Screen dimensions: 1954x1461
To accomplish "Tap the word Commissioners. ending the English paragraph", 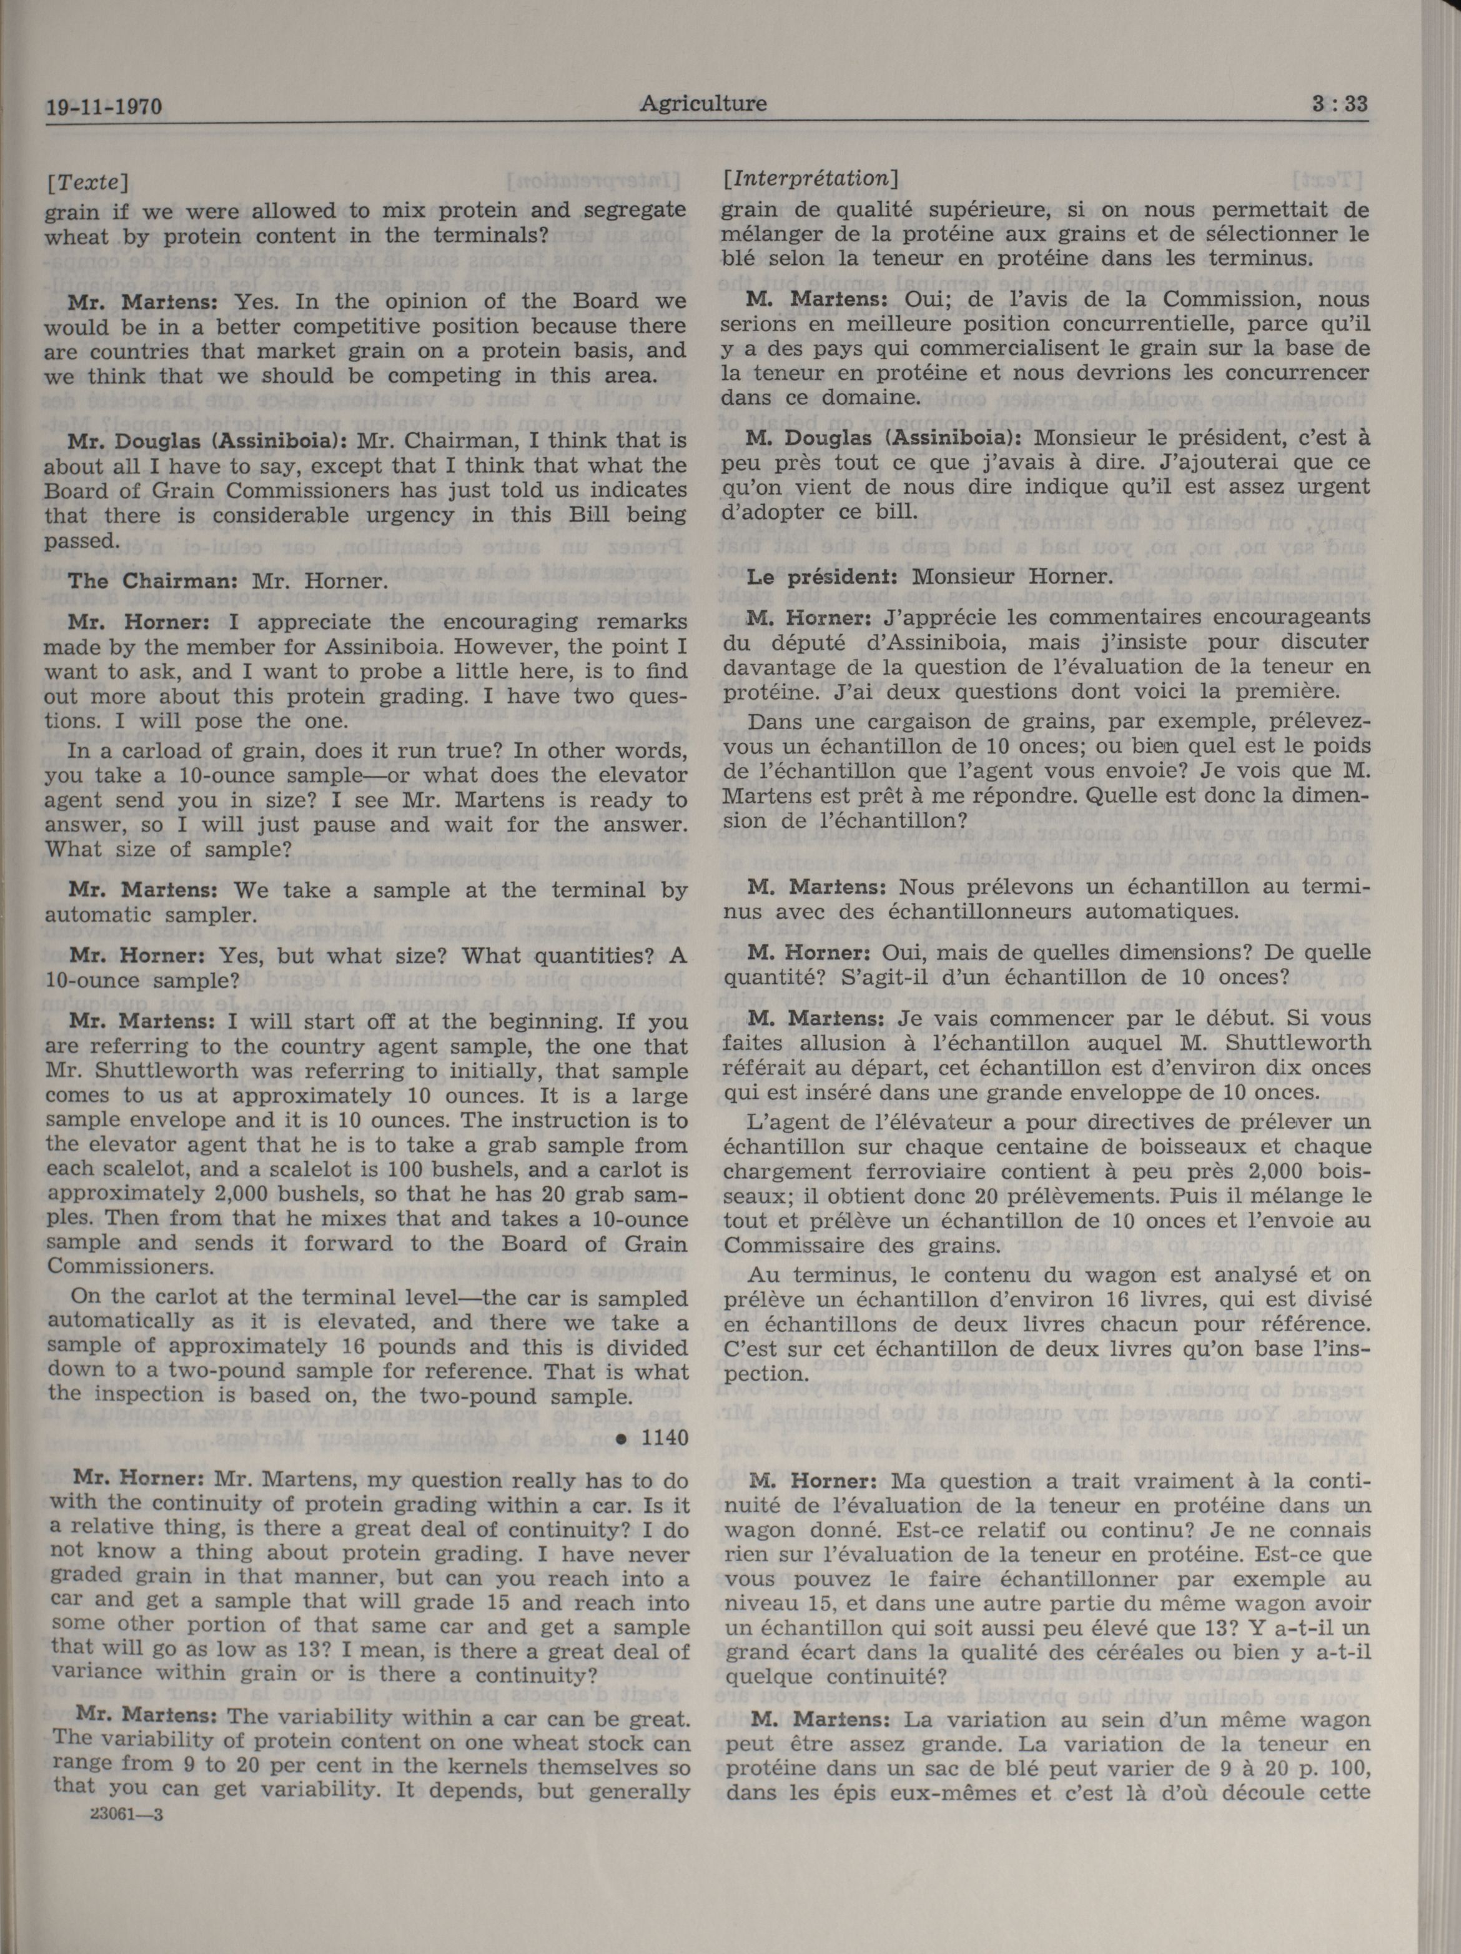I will click(131, 1266).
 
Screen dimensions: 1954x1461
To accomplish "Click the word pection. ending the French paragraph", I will click(762, 1374).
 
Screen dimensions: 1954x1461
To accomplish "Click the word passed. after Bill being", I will click(79, 540).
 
